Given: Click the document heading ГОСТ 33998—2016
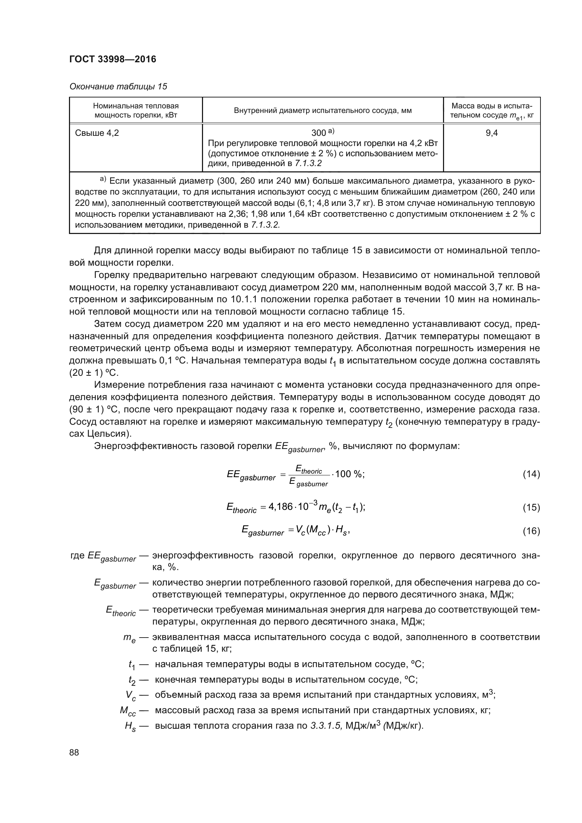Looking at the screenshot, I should (113, 59).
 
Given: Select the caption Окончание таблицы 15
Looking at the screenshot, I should (118, 87).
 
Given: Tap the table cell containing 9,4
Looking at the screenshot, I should (491, 133).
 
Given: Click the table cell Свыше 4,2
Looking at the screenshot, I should (97, 133).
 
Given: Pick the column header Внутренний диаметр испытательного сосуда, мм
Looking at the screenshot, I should (323, 110).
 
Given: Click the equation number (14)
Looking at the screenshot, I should (531, 474).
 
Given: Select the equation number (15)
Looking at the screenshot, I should (531, 507).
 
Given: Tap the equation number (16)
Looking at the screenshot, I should (531, 531).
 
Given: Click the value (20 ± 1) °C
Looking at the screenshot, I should (94, 372).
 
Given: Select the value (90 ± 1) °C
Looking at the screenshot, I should (94, 409).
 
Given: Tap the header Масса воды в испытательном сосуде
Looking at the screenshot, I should (491, 110).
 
